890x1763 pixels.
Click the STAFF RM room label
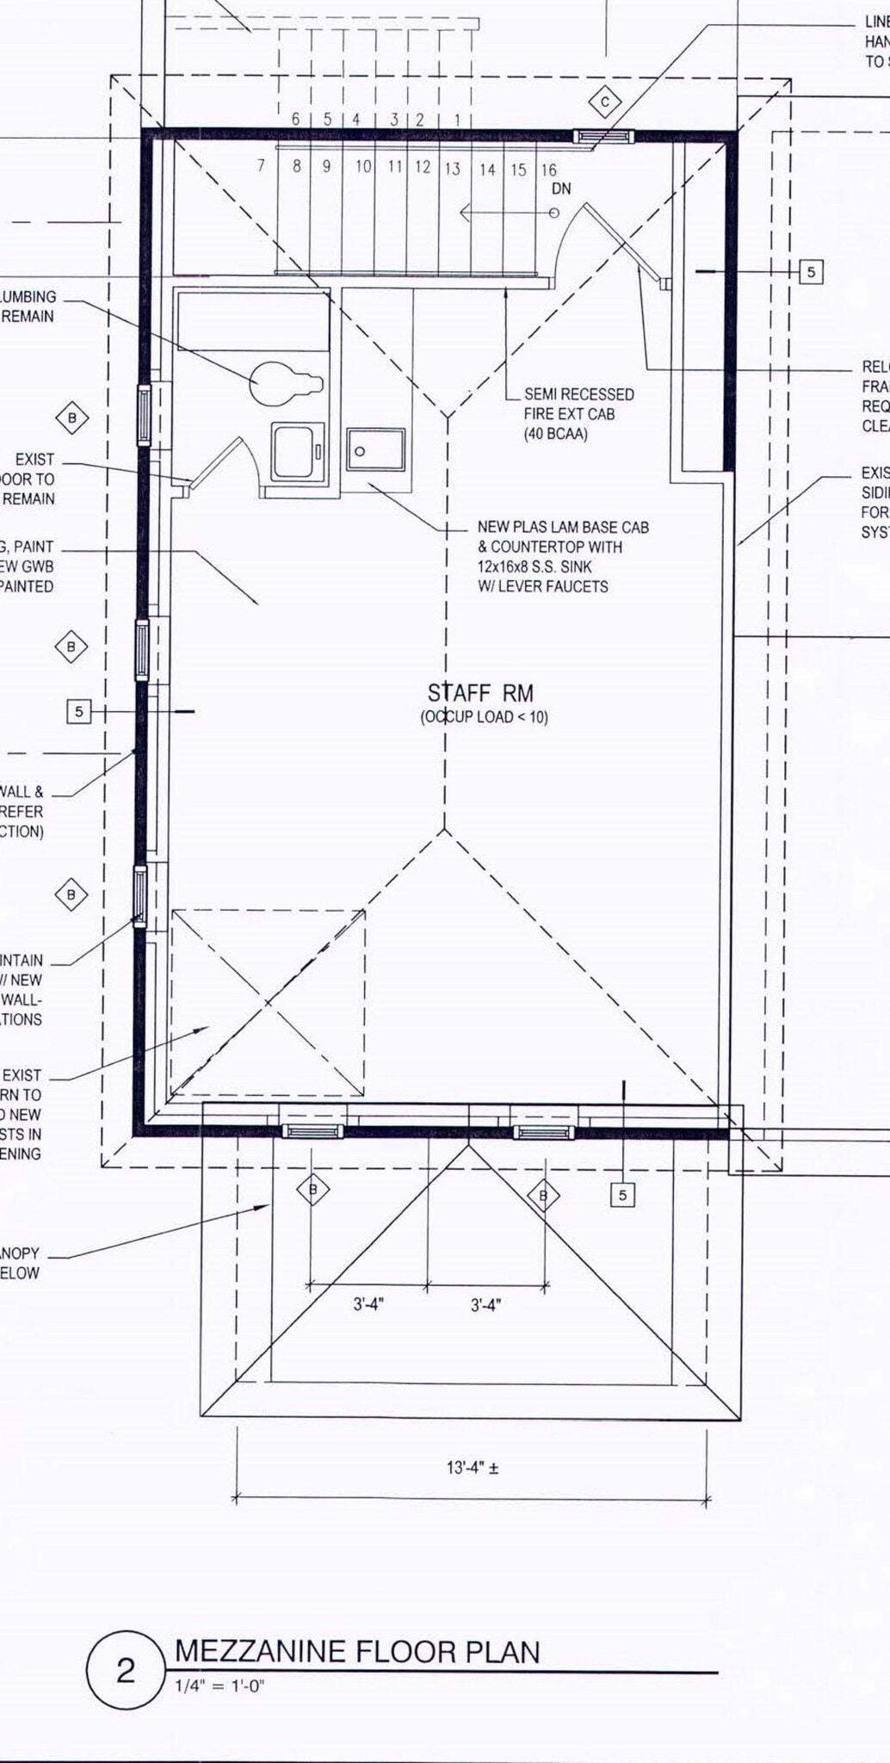tap(480, 693)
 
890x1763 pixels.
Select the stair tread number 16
tap(548, 170)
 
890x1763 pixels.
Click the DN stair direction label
tap(561, 189)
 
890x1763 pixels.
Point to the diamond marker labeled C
tap(605, 102)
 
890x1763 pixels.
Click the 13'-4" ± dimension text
tap(472, 1468)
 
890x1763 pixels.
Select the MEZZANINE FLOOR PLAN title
tap(357, 1651)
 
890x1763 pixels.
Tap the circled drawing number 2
tap(126, 1672)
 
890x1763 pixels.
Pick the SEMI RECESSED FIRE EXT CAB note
tap(578, 413)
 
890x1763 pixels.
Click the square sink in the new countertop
tap(376, 449)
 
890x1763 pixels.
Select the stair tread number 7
tap(262, 165)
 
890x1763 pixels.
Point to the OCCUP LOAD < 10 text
tap(484, 717)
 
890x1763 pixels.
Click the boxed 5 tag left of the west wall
tap(79, 711)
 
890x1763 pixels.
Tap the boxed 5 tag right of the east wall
tap(811, 272)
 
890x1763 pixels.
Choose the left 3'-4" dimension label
tap(368, 1304)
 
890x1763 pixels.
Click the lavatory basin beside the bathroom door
tap(298, 450)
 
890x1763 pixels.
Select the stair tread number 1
tap(456, 121)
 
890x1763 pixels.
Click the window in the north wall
tap(605, 135)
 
